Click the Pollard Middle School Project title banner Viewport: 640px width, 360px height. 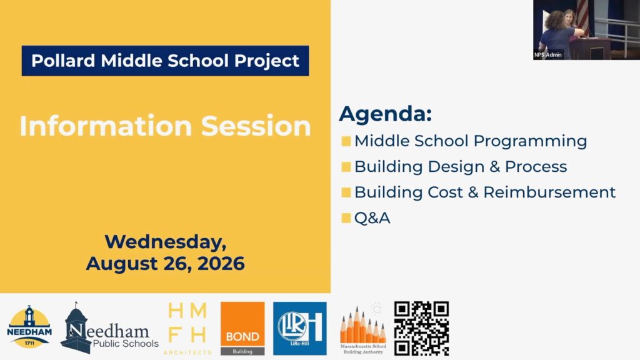tap(165, 61)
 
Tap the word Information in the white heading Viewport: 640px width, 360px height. tap(106, 126)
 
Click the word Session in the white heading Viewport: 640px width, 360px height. tap(256, 126)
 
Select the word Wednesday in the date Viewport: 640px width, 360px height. tap(165, 242)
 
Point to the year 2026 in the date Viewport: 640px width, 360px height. tap(221, 263)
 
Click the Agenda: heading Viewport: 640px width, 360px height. tap(385, 114)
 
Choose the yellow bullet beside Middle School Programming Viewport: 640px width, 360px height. tap(346, 141)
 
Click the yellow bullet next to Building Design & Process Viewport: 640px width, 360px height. tap(346, 167)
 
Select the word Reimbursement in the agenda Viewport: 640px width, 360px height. tap(549, 192)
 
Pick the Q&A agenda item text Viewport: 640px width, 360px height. tap(372, 218)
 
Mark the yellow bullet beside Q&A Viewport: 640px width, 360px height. tap(346, 218)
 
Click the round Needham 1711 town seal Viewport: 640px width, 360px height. tap(29, 327)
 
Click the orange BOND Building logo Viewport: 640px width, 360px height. tap(242, 329)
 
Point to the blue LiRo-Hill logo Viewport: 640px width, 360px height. tap(299, 329)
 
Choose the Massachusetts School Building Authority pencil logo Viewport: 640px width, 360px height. tap(363, 329)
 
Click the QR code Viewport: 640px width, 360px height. tap(421, 329)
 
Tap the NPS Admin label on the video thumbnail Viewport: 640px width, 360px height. tap(548, 55)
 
